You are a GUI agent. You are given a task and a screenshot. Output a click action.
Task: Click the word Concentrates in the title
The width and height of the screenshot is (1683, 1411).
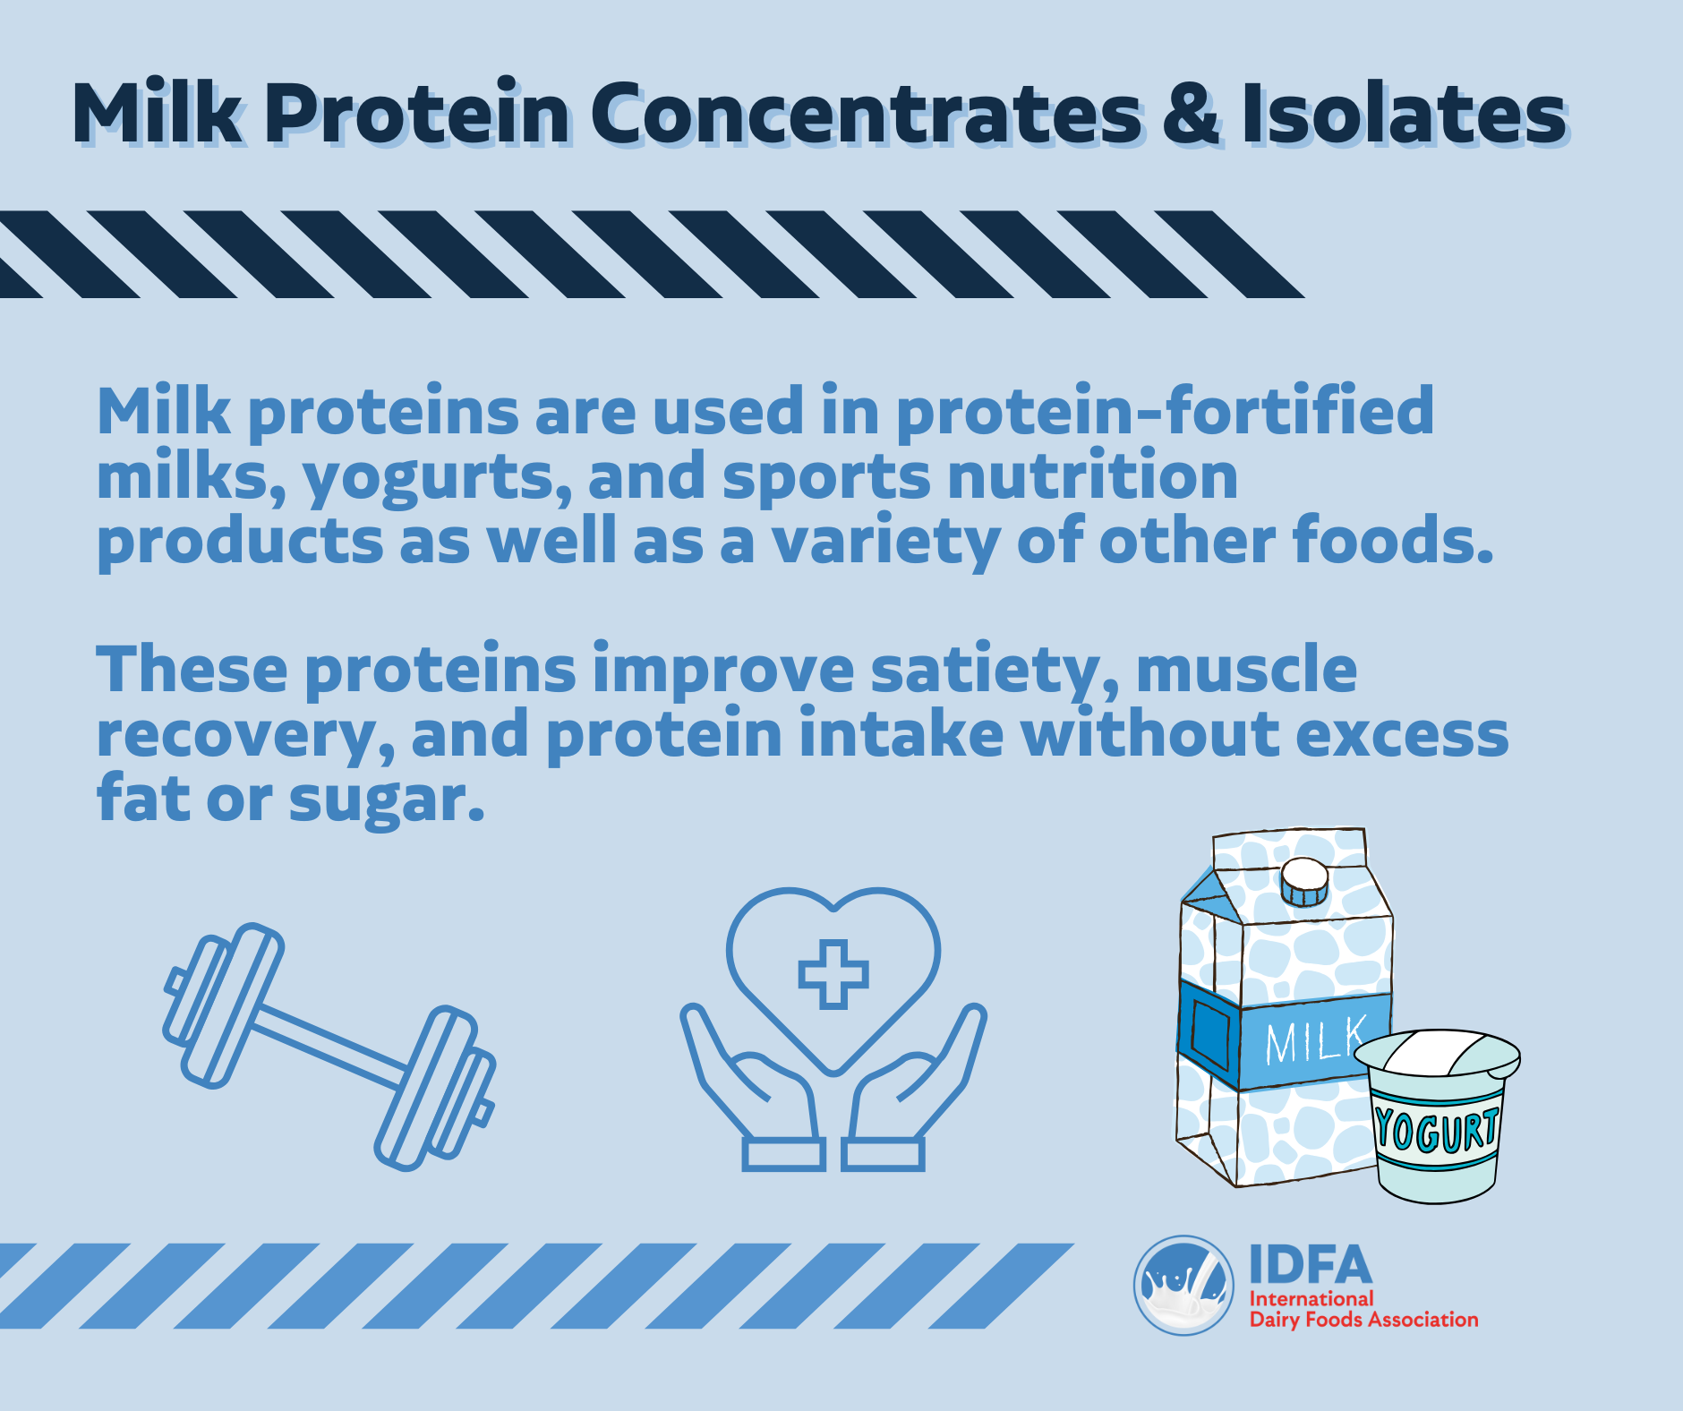[x=866, y=114]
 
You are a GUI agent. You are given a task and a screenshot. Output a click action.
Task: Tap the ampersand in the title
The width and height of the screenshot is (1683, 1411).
[x=1192, y=114]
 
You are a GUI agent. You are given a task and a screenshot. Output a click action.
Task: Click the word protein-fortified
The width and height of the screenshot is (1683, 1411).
[x=1165, y=412]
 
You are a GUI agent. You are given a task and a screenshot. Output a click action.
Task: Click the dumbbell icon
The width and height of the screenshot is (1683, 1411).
[x=329, y=1047]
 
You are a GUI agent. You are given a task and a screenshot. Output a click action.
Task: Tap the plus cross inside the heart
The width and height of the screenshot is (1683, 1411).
[x=833, y=974]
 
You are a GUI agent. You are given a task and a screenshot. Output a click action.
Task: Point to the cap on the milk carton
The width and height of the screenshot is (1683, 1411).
[x=1303, y=882]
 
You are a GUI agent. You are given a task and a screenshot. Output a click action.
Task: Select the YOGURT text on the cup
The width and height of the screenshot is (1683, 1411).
[x=1436, y=1129]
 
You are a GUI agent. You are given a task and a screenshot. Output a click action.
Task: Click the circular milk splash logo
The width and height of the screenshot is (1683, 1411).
[x=1183, y=1286]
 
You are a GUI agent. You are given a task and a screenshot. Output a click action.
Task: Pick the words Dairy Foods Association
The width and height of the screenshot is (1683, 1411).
[x=1363, y=1320]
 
